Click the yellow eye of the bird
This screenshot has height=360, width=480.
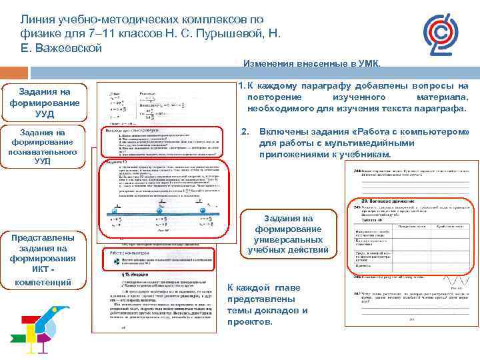[x=61, y=311]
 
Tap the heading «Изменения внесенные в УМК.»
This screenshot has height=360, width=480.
[x=312, y=65]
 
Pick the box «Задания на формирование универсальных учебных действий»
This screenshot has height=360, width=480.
[x=289, y=234]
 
